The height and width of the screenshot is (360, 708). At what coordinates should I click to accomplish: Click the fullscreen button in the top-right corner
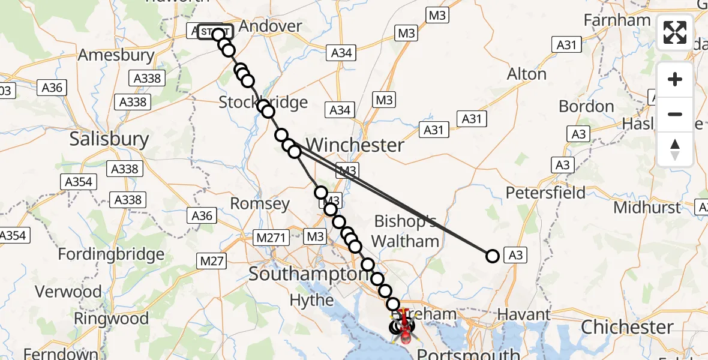point(675,32)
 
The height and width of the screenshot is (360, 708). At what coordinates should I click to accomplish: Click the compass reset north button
point(675,149)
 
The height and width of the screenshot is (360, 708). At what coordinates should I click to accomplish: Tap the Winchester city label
point(355,145)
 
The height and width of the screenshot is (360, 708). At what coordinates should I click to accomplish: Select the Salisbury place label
point(109,139)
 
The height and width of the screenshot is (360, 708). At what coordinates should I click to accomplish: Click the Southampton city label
point(308,274)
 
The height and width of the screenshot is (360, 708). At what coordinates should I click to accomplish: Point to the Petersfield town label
point(545,193)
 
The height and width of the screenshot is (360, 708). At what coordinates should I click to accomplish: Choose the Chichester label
point(627,328)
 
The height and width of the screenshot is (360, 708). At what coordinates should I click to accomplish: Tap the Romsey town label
point(260,204)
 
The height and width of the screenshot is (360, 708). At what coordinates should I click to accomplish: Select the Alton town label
point(527,74)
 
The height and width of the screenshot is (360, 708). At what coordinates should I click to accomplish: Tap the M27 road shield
point(212,260)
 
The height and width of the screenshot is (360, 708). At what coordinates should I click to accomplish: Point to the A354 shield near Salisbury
point(78,182)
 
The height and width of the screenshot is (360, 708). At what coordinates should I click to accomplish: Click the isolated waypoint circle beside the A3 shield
point(492,256)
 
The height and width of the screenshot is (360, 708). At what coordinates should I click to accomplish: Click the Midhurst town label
point(647,208)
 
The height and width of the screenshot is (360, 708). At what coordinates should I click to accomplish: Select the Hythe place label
point(311,300)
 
